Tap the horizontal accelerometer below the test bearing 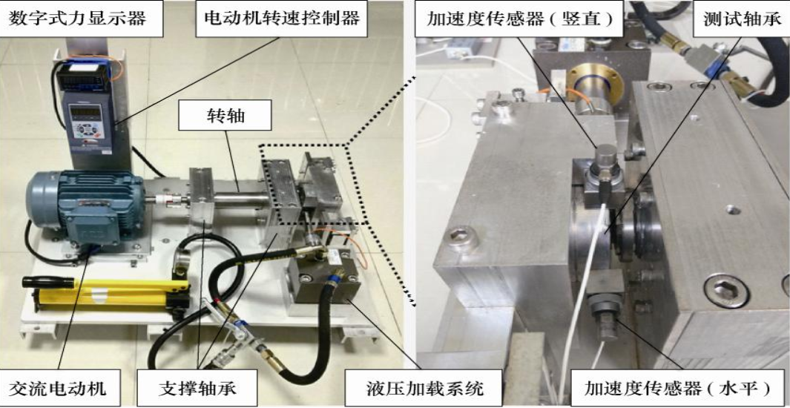pyautogui.click(x=602, y=308)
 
